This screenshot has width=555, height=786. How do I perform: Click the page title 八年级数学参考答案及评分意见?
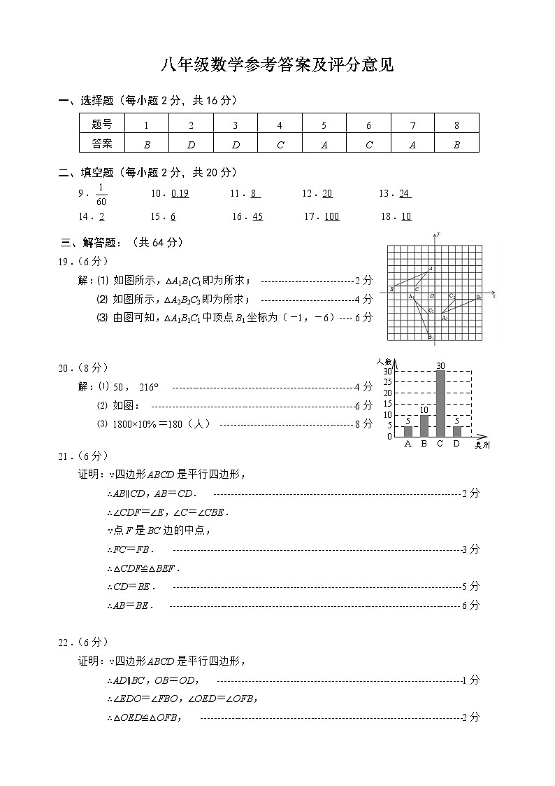click(x=277, y=66)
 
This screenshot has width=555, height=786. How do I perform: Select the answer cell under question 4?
click(x=280, y=145)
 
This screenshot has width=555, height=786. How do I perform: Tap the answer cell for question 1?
click(x=146, y=145)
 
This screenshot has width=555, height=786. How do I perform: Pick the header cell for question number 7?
click(x=412, y=125)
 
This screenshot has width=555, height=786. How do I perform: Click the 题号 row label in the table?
click(x=101, y=125)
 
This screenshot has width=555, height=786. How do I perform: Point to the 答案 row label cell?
click(x=101, y=143)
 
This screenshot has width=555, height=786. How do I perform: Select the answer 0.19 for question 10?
click(x=180, y=194)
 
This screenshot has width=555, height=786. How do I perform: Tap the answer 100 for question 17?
click(x=331, y=217)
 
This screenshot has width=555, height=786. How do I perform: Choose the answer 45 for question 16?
click(x=257, y=217)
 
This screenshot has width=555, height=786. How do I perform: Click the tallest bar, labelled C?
click(x=440, y=403)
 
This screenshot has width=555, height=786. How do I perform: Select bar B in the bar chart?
click(x=424, y=426)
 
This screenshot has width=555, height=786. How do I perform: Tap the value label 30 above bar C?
click(x=440, y=365)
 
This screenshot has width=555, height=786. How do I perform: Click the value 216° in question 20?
click(x=149, y=387)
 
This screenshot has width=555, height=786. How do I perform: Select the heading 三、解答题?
click(x=122, y=243)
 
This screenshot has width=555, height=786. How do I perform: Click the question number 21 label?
click(x=65, y=456)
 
